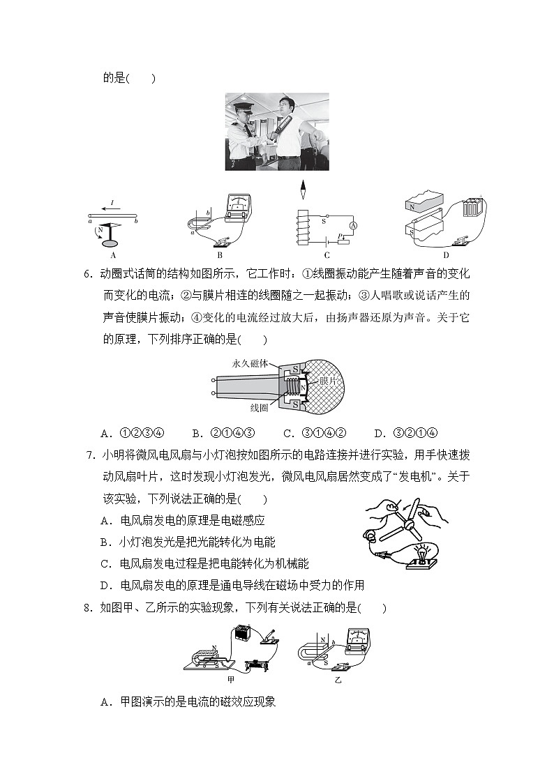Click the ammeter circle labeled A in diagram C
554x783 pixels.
tap(353, 226)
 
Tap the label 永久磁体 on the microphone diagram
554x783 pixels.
tap(248, 363)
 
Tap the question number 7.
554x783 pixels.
tap(89, 456)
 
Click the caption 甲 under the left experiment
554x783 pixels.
tap(231, 678)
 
